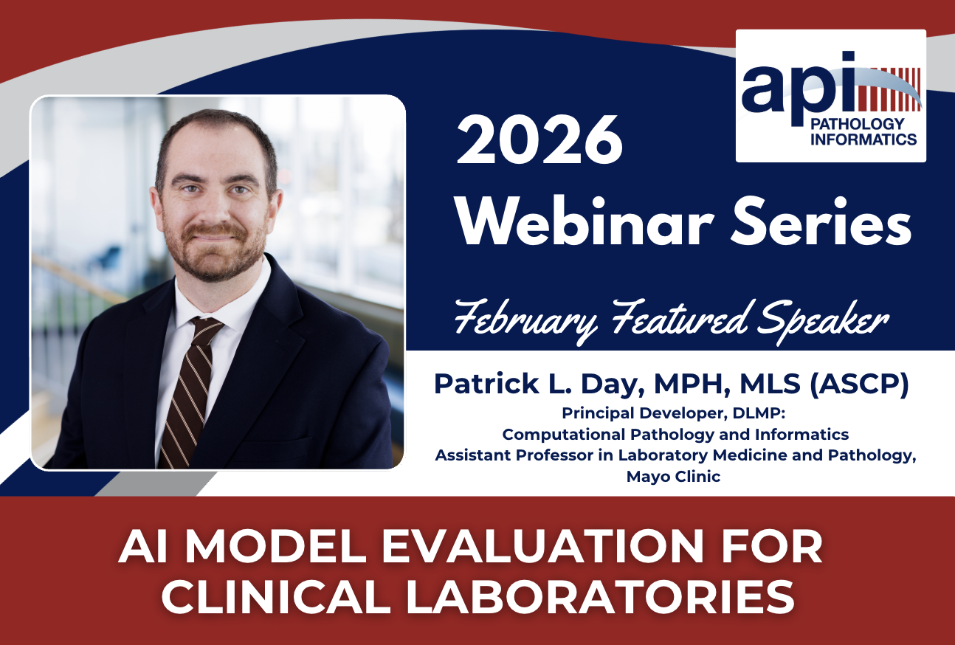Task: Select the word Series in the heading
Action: [821, 221]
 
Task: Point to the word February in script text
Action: [525, 320]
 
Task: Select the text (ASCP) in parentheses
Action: [858, 384]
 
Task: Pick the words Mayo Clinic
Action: [673, 476]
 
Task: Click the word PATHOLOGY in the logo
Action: [857, 124]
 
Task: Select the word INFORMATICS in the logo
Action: [863, 139]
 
